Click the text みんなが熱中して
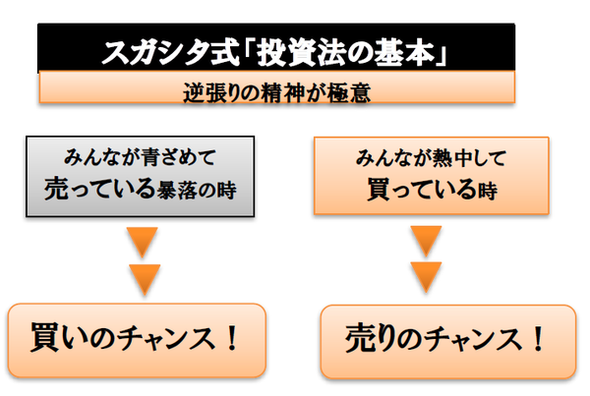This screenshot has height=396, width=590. coord(424,157)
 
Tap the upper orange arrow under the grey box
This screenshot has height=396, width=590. coord(144,242)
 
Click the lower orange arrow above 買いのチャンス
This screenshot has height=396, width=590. coord(144,279)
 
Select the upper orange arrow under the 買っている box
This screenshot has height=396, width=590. coord(424,242)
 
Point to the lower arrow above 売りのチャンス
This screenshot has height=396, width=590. coord(424,279)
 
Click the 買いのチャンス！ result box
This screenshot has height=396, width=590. coord(137,340)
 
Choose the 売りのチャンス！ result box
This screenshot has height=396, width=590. coord(446,340)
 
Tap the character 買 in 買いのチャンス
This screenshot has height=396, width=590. coord(45,339)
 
